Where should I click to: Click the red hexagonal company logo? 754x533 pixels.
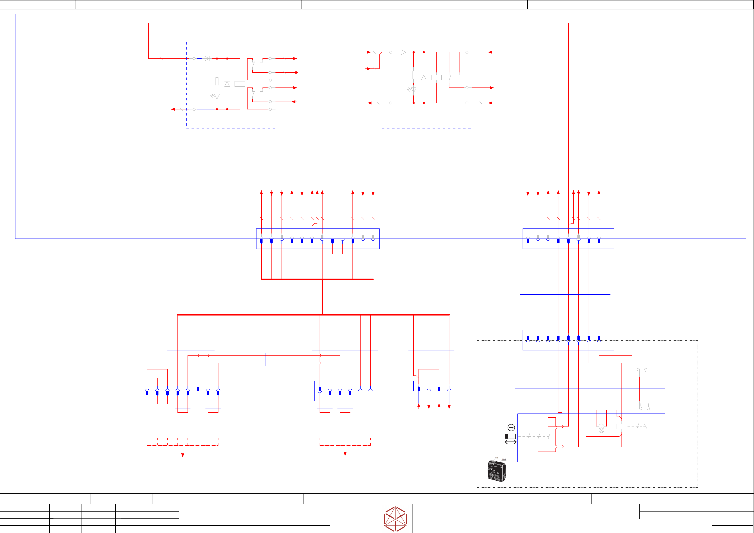click(395, 519)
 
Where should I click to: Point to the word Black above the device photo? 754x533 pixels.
click(504, 459)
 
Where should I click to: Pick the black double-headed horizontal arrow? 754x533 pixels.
click(511, 442)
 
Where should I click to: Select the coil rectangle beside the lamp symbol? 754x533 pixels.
click(622, 426)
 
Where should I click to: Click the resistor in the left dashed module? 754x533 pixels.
click(217, 81)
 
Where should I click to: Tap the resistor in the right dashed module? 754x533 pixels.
click(413, 75)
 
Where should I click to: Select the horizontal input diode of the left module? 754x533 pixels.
click(207, 58)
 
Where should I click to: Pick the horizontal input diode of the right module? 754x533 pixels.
click(403, 52)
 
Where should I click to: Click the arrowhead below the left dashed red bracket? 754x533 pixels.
click(183, 455)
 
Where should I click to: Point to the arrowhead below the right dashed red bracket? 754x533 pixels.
click(345, 454)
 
